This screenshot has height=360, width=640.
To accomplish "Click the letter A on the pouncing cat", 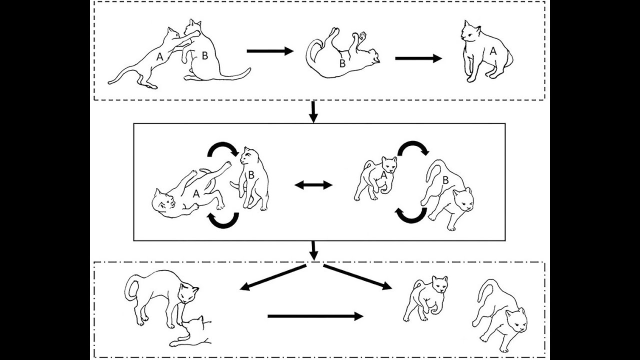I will [159, 57].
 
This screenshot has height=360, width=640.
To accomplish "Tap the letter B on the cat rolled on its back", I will [342, 63].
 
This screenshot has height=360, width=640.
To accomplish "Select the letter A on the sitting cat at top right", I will [492, 51].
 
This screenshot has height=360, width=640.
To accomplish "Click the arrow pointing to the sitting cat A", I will [418, 58].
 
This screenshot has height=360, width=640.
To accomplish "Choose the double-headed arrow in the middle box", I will [313, 185].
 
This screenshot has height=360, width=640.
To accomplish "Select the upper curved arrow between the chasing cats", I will [412, 147].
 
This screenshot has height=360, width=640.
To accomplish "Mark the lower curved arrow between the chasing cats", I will [411, 215].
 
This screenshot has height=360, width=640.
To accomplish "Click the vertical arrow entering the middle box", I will [313, 112].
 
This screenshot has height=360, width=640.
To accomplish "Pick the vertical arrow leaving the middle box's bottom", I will [313, 250].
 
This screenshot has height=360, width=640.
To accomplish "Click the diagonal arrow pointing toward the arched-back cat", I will [272, 277].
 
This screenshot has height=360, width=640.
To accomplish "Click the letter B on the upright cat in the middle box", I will [251, 174].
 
